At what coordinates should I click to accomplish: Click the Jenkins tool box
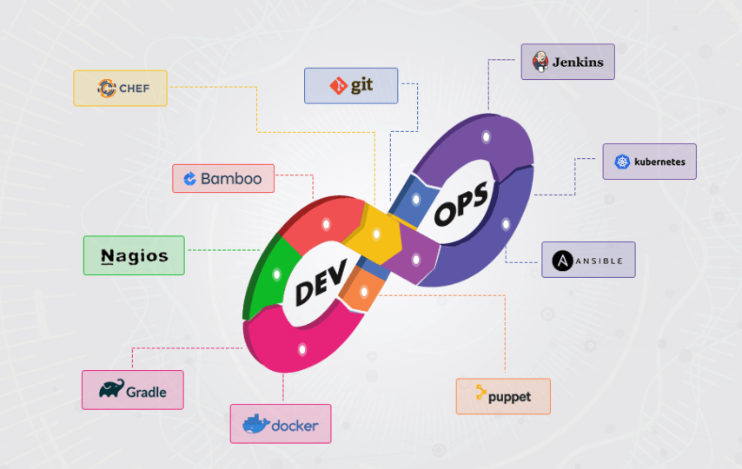[x=567, y=63]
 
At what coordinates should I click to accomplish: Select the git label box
[x=351, y=86]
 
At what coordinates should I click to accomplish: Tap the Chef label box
[x=120, y=88]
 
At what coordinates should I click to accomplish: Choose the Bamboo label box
[x=223, y=179]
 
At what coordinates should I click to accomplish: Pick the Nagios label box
[x=134, y=255]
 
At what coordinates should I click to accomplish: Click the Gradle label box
[x=134, y=390]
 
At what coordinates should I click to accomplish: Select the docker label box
[x=281, y=425]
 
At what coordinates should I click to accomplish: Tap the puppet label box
[x=503, y=396]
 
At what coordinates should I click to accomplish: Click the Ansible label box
[x=588, y=260]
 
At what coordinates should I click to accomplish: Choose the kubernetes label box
[x=649, y=162]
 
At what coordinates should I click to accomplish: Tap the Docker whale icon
[x=255, y=425]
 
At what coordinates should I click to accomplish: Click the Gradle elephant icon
[x=110, y=389]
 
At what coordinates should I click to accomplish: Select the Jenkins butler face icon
[x=540, y=63]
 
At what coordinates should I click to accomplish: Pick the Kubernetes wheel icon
[x=622, y=162]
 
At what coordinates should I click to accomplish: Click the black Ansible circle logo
[x=562, y=260]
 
